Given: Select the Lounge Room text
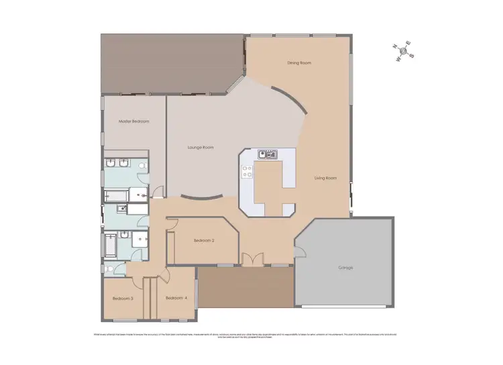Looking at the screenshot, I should pyautogui.click(x=200, y=147).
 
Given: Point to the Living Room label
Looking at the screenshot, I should pyautogui.click(x=325, y=178).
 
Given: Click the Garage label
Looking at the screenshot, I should pyautogui.click(x=345, y=268).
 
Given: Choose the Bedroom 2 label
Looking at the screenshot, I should pyautogui.click(x=204, y=240).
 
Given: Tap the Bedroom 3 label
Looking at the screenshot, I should pyautogui.click(x=122, y=298).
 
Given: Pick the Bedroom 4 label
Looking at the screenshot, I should pyautogui.click(x=175, y=298).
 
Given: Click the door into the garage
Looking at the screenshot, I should pyautogui.click(x=300, y=252).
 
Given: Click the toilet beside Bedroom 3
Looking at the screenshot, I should pyautogui.click(x=110, y=270).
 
